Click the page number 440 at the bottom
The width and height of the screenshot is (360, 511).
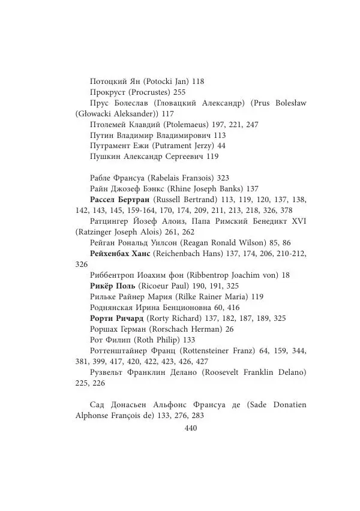(x=191, y=428)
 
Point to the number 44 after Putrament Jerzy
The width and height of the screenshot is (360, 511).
(x=221, y=146)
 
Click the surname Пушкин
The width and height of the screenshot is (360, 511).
(x=104, y=157)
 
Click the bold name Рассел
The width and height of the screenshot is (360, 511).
(x=104, y=199)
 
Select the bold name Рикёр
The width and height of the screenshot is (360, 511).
(x=102, y=286)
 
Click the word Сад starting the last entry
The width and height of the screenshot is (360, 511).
(x=98, y=405)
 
